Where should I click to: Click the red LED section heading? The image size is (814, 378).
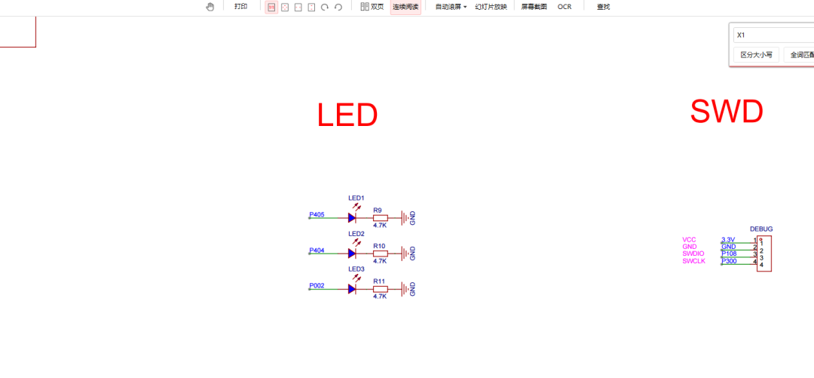[347, 115]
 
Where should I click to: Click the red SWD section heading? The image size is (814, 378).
[727, 112]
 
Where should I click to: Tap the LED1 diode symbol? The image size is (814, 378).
[351, 218]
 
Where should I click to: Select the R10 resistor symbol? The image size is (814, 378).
[380, 254]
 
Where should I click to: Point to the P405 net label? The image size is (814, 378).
[317, 215]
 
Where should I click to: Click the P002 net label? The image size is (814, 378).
[317, 286]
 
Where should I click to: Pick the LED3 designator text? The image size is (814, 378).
[357, 269]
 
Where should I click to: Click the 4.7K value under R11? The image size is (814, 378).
[380, 297]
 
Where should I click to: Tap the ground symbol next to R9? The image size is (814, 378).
[406, 218]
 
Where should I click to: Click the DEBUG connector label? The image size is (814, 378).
[761, 229]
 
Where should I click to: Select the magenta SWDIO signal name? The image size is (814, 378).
[693, 254]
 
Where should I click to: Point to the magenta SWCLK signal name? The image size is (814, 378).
[693, 261]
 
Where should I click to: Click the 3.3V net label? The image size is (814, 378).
[727, 239]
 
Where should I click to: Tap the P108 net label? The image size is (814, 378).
[729, 254]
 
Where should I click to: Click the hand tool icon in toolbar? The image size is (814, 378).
[210, 7]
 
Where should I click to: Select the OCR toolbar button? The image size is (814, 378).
[565, 7]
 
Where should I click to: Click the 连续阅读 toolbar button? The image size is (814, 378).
[405, 7]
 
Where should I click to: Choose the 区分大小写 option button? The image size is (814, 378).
[756, 55]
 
